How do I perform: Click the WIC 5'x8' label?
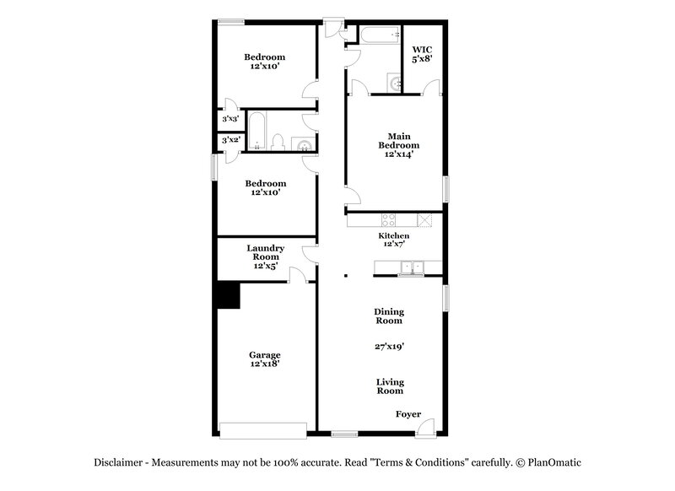coord(420,55)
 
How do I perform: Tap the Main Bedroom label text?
coord(399,144)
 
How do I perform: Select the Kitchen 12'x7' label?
coord(394,240)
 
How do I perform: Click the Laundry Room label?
coord(265,256)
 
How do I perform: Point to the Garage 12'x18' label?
coord(264,359)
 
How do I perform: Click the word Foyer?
coord(409,414)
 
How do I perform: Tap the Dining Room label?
coord(389,316)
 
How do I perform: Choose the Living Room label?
coord(389,386)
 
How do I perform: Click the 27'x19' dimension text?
coord(389,346)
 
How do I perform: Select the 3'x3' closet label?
coord(230,120)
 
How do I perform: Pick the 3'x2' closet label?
coord(230,141)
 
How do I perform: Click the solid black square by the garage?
coord(227,295)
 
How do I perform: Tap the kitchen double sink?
coord(412,268)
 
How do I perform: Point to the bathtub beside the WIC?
coord(377,35)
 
